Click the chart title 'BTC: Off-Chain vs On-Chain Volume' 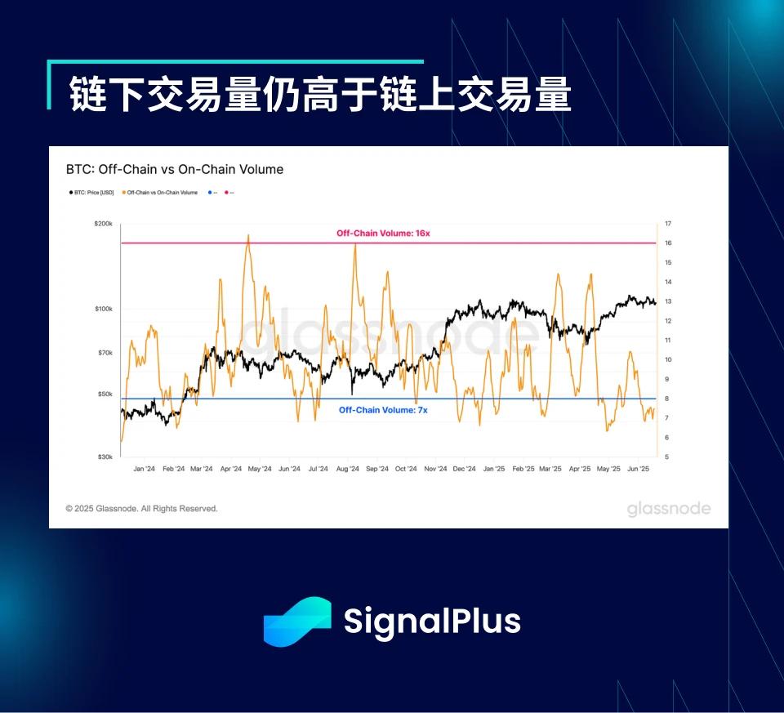(x=175, y=170)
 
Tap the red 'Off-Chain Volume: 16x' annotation (x=383, y=234)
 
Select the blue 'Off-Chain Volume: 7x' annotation (x=383, y=410)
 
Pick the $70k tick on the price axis (x=104, y=353)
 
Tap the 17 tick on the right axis (x=668, y=223)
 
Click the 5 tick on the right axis (x=667, y=457)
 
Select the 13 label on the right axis (x=668, y=301)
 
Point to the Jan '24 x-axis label (x=144, y=470)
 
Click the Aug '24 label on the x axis (x=348, y=470)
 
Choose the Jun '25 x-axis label (x=638, y=470)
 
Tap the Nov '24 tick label (x=435, y=470)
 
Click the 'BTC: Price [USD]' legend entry (x=93, y=193)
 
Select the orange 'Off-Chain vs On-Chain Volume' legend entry (x=162, y=193)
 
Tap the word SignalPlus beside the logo (x=432, y=622)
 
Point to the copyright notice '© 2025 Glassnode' (x=142, y=509)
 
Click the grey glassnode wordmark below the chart (x=669, y=510)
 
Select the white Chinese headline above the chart (x=320, y=95)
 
